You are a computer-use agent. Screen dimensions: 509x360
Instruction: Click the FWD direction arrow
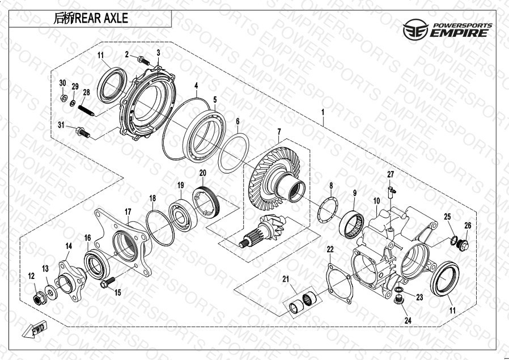point(35,329)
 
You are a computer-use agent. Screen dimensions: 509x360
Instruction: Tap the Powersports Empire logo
point(448,30)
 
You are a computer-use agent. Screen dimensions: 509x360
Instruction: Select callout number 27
point(391,175)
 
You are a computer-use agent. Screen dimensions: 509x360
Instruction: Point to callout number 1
point(323,112)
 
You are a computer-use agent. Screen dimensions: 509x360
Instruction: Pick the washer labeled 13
point(51,291)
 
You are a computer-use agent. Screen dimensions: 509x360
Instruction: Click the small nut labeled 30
point(64,97)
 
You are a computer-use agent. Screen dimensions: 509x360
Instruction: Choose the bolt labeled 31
point(83,132)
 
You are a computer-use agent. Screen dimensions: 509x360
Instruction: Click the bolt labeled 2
point(143,60)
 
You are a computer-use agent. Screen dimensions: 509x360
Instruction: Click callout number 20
point(202,173)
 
